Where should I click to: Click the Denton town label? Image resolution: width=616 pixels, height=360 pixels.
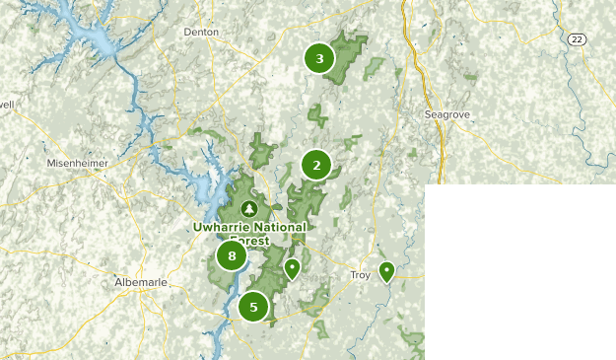pos(200,32)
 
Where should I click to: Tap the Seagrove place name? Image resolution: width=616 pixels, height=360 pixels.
pos(447,114)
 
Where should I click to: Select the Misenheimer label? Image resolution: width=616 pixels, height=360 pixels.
pos(75,163)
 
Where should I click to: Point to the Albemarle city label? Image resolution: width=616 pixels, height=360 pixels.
pos(141,282)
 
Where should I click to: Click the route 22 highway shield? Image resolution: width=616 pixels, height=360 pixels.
pos(577,37)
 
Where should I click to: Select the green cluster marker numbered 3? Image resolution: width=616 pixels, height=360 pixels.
pos(319,58)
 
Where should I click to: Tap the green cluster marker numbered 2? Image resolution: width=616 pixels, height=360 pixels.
pos(316,165)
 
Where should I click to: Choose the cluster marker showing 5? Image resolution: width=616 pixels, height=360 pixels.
pos(253,307)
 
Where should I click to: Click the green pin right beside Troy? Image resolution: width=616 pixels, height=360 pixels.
pos(387,270)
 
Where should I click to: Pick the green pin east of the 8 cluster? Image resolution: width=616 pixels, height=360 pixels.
pos(292,267)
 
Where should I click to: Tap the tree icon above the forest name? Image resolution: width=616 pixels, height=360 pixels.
pos(249,209)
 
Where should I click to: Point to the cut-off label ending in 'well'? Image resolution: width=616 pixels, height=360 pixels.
pos(6,103)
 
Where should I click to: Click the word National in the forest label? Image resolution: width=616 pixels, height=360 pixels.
pos(264,227)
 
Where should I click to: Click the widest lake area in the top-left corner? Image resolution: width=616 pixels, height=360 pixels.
pos(84,39)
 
